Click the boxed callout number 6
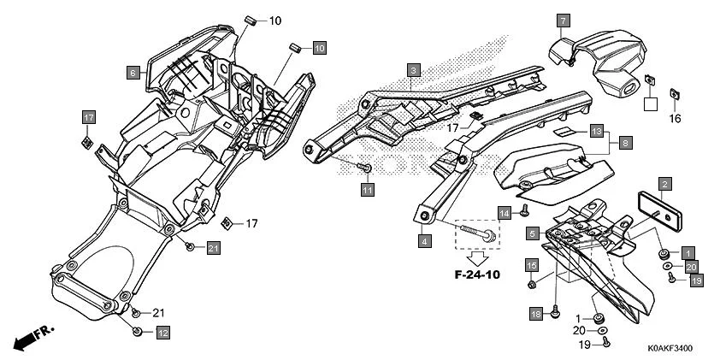point(133,74)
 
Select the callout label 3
point(413,70)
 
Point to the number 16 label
point(675,118)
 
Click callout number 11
point(367,189)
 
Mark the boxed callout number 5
point(532,233)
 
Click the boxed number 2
point(664,183)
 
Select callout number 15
point(531,265)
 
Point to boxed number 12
point(162,332)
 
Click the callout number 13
point(597,133)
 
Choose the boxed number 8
point(625,144)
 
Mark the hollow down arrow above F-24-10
point(475,257)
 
